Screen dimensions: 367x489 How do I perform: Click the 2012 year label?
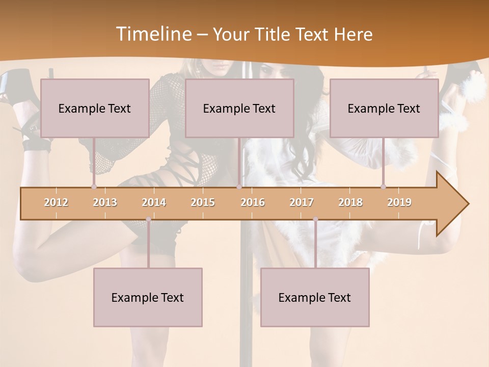[x=56, y=202]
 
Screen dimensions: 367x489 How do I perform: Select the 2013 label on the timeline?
[x=105, y=202]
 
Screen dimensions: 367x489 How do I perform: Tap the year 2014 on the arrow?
[x=154, y=202]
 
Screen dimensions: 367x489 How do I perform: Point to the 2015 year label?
[x=203, y=202]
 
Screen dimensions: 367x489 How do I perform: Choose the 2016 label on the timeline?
[x=253, y=202]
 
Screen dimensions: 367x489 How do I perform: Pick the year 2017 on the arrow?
[x=302, y=202]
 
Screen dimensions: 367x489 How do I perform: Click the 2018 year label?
[x=350, y=202]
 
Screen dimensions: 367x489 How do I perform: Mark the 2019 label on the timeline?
[x=399, y=202]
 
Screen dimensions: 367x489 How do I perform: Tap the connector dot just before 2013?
[x=94, y=187]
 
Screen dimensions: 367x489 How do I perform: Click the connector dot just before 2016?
[x=239, y=187]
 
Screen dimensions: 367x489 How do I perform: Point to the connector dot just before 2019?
[x=384, y=187]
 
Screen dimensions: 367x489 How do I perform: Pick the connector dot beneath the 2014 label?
[x=148, y=219]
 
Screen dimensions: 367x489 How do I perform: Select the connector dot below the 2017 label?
[x=315, y=219]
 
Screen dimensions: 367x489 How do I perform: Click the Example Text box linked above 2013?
[x=95, y=108]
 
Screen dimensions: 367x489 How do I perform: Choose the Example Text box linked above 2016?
[x=239, y=108]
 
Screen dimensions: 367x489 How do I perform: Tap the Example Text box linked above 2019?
[x=384, y=108]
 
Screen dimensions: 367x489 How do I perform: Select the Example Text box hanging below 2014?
[x=148, y=297]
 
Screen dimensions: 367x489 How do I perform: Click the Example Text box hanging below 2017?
[x=315, y=297]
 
